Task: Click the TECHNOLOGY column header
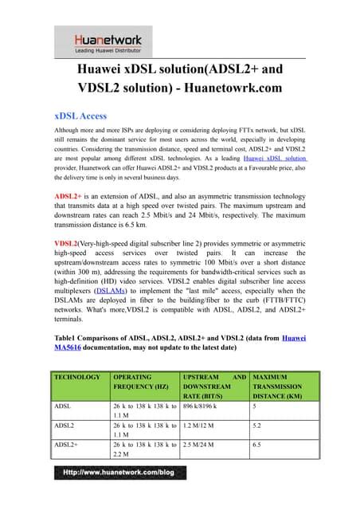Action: click(77, 376)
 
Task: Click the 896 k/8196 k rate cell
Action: click(205, 405)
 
